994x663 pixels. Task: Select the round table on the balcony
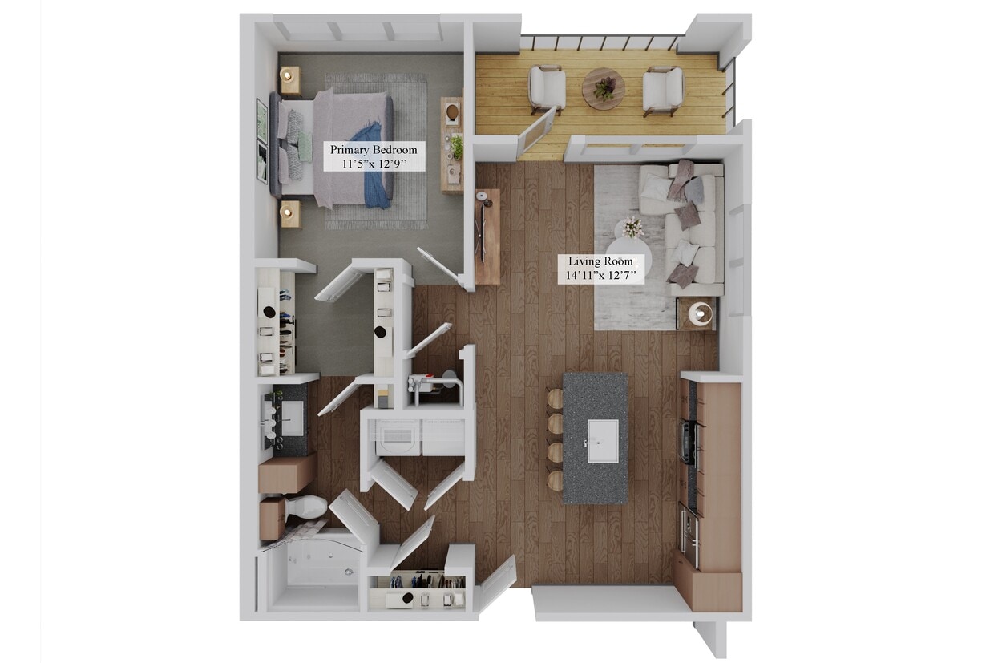tap(603, 88)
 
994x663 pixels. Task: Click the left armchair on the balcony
tap(547, 88)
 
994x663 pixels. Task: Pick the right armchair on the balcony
tap(663, 90)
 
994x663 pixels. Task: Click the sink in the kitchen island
tap(603, 440)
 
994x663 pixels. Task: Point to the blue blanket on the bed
tap(374, 164)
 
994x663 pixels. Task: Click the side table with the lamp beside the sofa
tap(696, 313)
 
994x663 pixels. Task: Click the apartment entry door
tap(497, 586)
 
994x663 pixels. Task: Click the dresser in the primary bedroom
tap(452, 144)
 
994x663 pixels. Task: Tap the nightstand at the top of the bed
tap(289, 79)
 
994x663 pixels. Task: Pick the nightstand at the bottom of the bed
tap(289, 213)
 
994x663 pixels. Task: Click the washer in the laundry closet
tap(398, 438)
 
